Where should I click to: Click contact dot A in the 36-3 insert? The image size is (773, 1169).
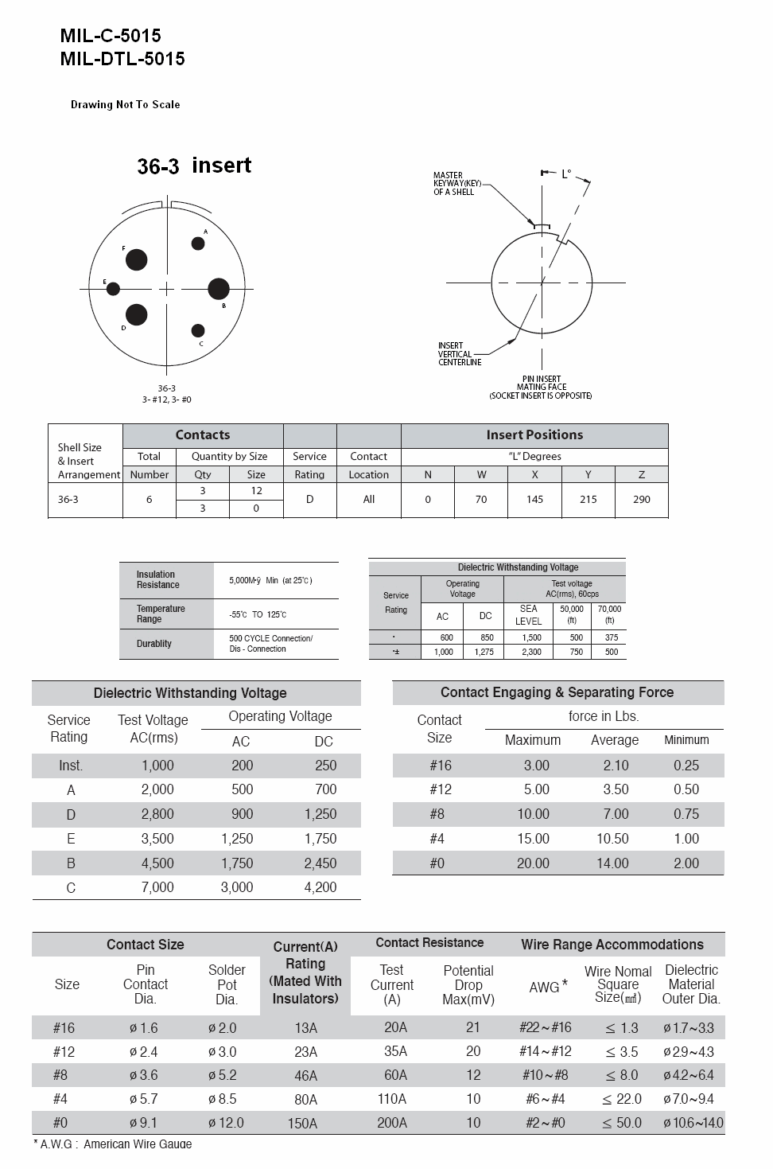pos(198,244)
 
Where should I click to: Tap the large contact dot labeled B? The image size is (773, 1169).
pos(219,289)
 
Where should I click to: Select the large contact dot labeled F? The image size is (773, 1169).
pos(137,259)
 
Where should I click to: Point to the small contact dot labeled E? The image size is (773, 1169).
pos(113,288)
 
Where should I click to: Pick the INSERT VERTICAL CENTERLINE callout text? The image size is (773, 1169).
pos(460,354)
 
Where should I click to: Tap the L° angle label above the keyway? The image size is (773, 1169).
pos(566,173)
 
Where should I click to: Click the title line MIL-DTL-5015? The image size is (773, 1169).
pos(122,58)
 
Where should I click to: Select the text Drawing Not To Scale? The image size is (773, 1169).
pos(126,104)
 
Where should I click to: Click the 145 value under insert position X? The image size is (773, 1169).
pos(534,499)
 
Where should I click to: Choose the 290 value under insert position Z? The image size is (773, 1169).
pos(641,499)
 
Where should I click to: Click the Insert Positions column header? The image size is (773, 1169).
pos(534,434)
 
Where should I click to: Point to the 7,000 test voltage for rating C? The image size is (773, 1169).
pos(157,887)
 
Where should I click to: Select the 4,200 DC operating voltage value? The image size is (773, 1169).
pos(320,887)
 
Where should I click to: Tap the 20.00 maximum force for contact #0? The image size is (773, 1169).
pos(533,863)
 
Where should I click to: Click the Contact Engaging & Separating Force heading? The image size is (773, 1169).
pos(557,692)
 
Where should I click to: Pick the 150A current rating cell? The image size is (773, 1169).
pos(305,1123)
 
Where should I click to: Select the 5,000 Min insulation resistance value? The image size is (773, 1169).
pos(270,580)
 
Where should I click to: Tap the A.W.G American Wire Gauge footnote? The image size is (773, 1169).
pos(113,1144)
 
